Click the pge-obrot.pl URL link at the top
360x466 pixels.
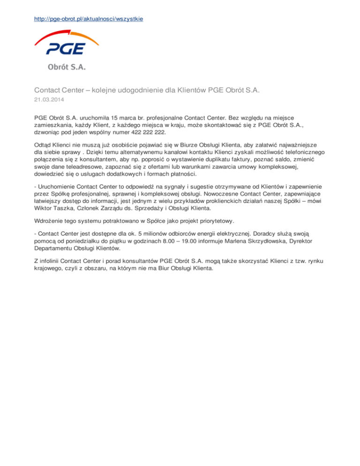point(89,19)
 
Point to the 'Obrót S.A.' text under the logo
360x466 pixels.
point(66,67)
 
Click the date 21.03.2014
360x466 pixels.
point(49,100)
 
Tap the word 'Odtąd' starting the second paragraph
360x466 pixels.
point(43,145)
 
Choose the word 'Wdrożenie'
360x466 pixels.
point(49,221)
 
